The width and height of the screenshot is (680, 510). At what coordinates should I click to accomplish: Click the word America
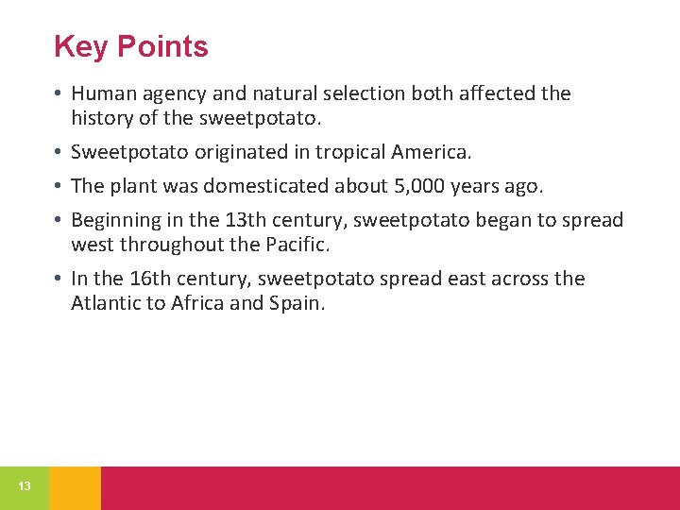(430, 152)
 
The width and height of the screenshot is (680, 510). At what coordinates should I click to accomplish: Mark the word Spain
(297, 303)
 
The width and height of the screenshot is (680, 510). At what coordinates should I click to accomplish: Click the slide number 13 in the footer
(25, 486)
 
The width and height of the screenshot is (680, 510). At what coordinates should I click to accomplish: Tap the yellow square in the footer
(75, 487)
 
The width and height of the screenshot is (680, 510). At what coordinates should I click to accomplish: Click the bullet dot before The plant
(59, 186)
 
